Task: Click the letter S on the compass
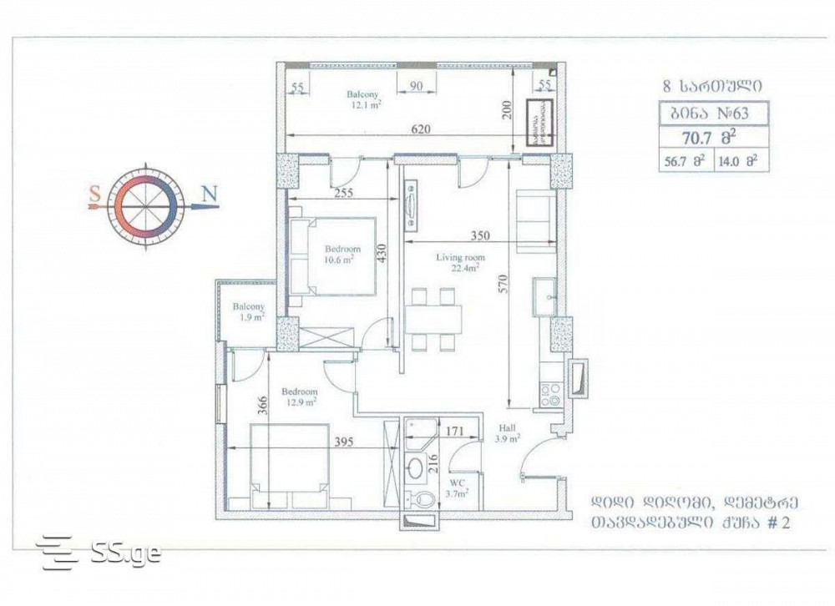pyautogui.click(x=96, y=194)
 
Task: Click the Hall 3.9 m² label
pyautogui.click(x=507, y=432)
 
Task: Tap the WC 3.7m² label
pyautogui.click(x=457, y=488)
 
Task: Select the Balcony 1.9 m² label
pyautogui.click(x=248, y=311)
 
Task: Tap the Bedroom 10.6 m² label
pyautogui.click(x=342, y=254)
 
